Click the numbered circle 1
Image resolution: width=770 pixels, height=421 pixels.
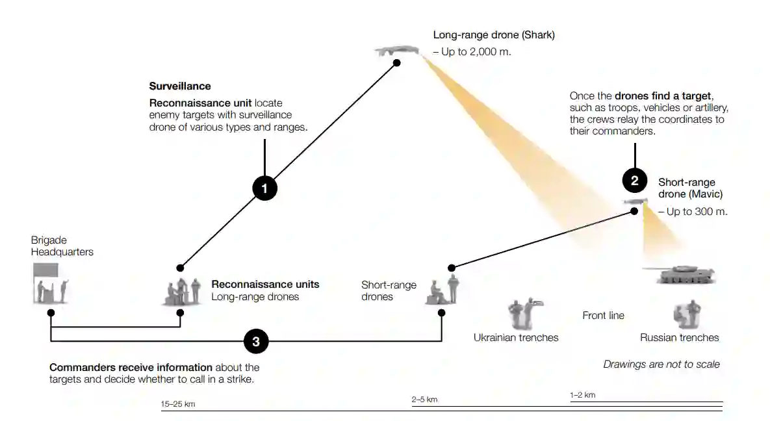click(264, 188)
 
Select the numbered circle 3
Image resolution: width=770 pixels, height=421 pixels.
click(256, 341)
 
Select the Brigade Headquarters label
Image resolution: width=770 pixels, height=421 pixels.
click(62, 246)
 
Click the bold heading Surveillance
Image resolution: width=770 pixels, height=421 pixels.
click(180, 86)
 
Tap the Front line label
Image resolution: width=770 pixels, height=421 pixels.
click(603, 316)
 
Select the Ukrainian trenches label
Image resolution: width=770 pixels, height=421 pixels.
click(516, 337)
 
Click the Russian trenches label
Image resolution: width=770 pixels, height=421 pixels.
click(679, 337)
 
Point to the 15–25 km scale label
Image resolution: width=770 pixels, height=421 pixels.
click(178, 404)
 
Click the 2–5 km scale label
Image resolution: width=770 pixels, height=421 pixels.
click(424, 400)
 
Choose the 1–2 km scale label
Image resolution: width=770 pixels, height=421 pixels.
click(582, 395)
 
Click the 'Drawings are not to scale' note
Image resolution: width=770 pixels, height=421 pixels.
click(661, 364)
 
